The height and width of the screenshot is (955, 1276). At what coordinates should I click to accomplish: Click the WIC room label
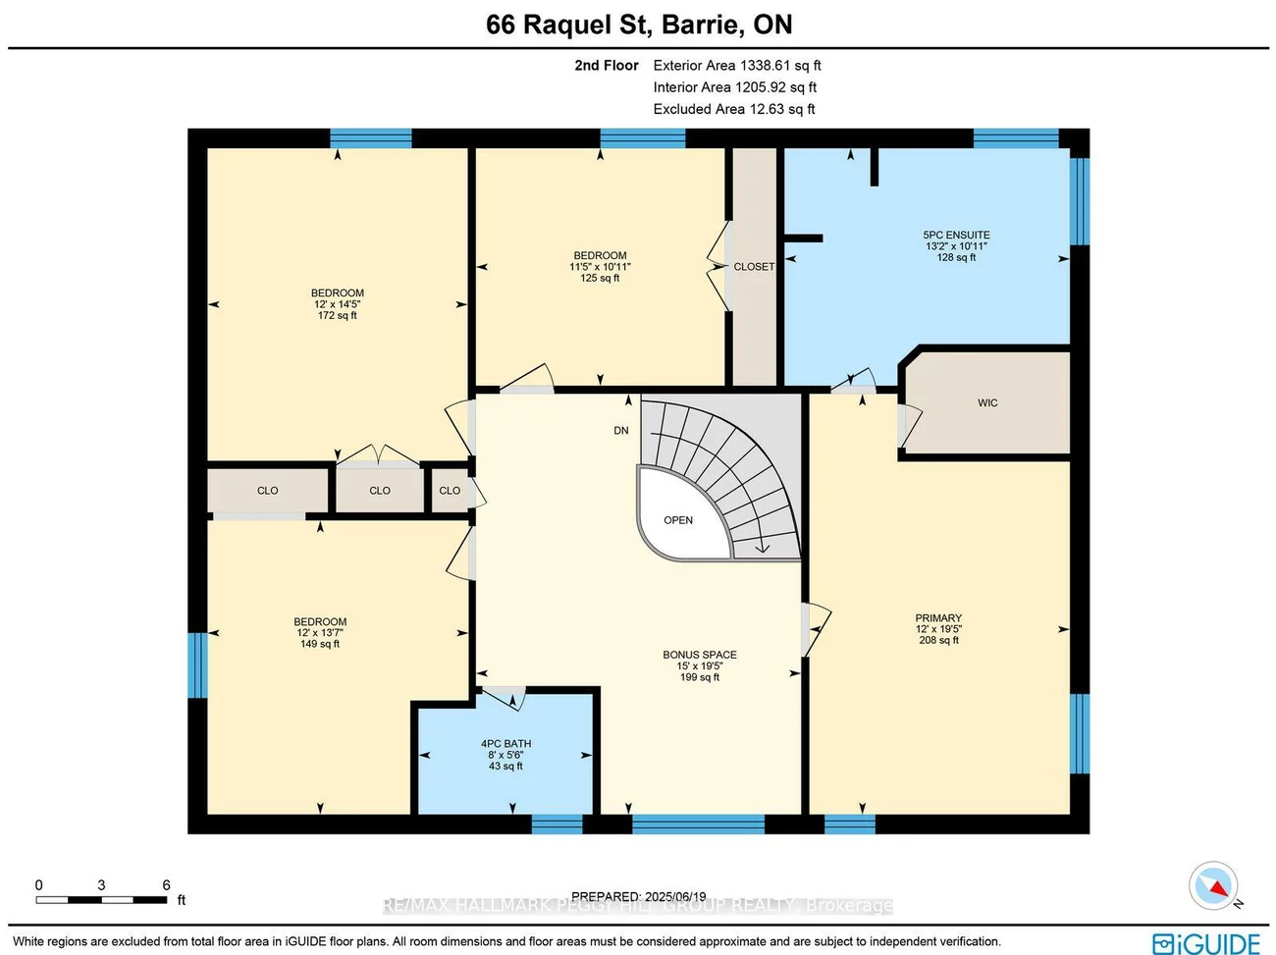pos(987,403)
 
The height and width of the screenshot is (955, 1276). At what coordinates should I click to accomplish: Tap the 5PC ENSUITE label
pos(956,236)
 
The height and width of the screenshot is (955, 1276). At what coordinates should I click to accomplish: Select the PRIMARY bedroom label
pos(938,618)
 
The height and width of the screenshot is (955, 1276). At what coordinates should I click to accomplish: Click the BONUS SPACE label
pos(699,655)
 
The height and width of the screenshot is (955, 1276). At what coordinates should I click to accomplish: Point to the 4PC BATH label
pos(505,744)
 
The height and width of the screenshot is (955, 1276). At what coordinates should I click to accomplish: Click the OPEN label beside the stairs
pos(678,520)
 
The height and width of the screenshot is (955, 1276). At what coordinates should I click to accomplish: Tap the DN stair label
pos(621,431)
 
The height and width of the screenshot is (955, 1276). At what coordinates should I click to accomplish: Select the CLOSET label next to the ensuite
pos(754,267)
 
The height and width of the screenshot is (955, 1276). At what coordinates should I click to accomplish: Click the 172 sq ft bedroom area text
pos(338,316)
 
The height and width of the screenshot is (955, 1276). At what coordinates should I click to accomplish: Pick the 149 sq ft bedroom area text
pos(320,644)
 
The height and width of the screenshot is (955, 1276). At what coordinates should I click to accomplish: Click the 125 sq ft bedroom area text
pos(600,279)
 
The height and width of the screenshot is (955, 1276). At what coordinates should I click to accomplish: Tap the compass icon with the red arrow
pos(1213,885)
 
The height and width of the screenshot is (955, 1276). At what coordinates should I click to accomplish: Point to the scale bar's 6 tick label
pos(166,885)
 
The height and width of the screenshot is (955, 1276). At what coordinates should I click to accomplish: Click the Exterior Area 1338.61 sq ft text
pos(737,66)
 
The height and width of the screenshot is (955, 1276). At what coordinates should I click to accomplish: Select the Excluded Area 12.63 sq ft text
pos(734,109)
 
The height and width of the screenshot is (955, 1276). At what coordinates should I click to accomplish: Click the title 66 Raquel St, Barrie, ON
pos(639,25)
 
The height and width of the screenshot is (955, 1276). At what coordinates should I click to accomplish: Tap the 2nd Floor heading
pos(607,66)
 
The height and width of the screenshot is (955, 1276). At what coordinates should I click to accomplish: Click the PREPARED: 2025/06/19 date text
pos(639,896)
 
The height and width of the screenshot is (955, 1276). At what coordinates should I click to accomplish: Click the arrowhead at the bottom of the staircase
pos(763,548)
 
